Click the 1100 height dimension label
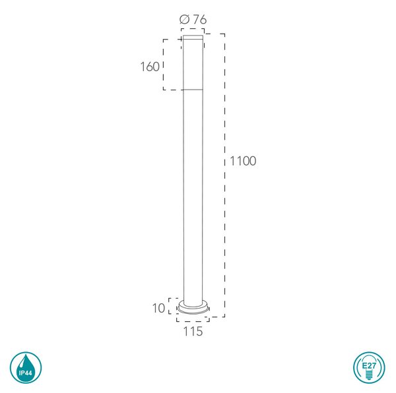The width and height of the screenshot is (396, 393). (243, 161)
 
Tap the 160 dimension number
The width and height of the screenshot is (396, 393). (150, 67)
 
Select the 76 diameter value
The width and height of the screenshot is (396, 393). (200, 19)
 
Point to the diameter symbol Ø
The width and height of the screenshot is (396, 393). (185, 19)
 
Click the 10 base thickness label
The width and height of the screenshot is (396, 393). (158, 308)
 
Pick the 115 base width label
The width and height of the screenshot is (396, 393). (193, 332)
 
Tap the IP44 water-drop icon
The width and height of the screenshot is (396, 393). (26, 367)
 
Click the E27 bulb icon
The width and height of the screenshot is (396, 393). (369, 367)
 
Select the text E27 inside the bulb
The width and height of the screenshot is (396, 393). (369, 365)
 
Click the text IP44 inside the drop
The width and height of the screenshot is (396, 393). (26, 373)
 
